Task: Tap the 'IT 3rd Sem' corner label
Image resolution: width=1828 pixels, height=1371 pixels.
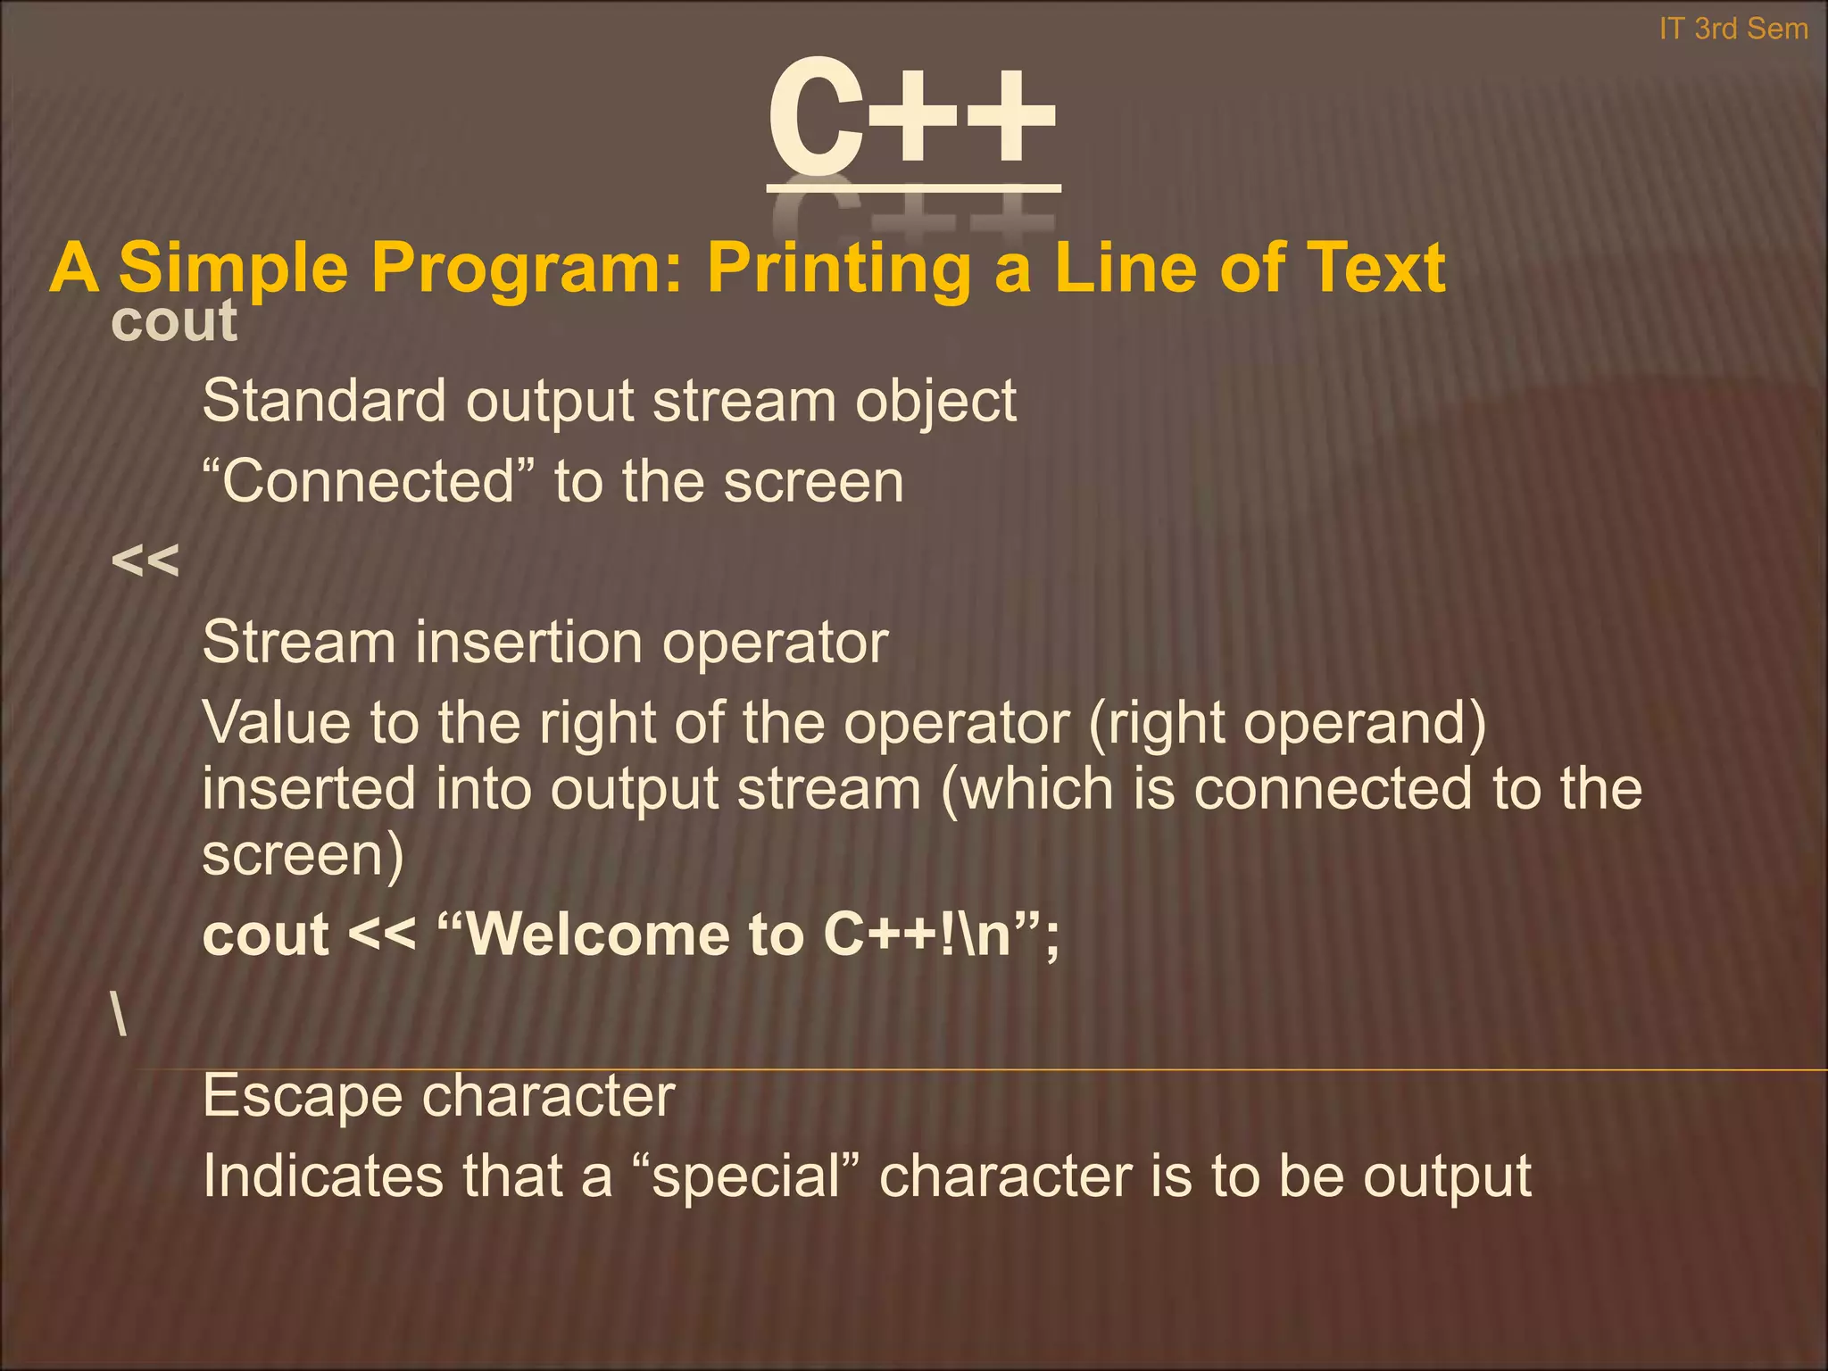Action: pyautogui.click(x=1733, y=29)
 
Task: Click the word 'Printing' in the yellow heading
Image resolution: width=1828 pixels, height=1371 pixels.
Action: pyautogui.click(x=838, y=267)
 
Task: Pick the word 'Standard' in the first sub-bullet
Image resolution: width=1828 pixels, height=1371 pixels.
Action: pyautogui.click(x=323, y=401)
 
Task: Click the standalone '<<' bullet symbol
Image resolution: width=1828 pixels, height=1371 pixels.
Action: pyautogui.click(x=145, y=561)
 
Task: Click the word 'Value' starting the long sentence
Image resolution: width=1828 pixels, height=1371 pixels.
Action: pyautogui.click(x=276, y=722)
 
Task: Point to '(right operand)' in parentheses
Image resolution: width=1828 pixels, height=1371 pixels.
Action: pyautogui.click(x=1287, y=724)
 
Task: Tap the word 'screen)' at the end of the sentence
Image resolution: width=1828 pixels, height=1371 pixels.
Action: pyautogui.click(x=303, y=856)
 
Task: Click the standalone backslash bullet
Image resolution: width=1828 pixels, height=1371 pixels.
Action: pyautogui.click(x=120, y=1016)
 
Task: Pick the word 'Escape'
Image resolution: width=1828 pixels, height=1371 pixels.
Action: pyautogui.click(x=303, y=1096)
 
